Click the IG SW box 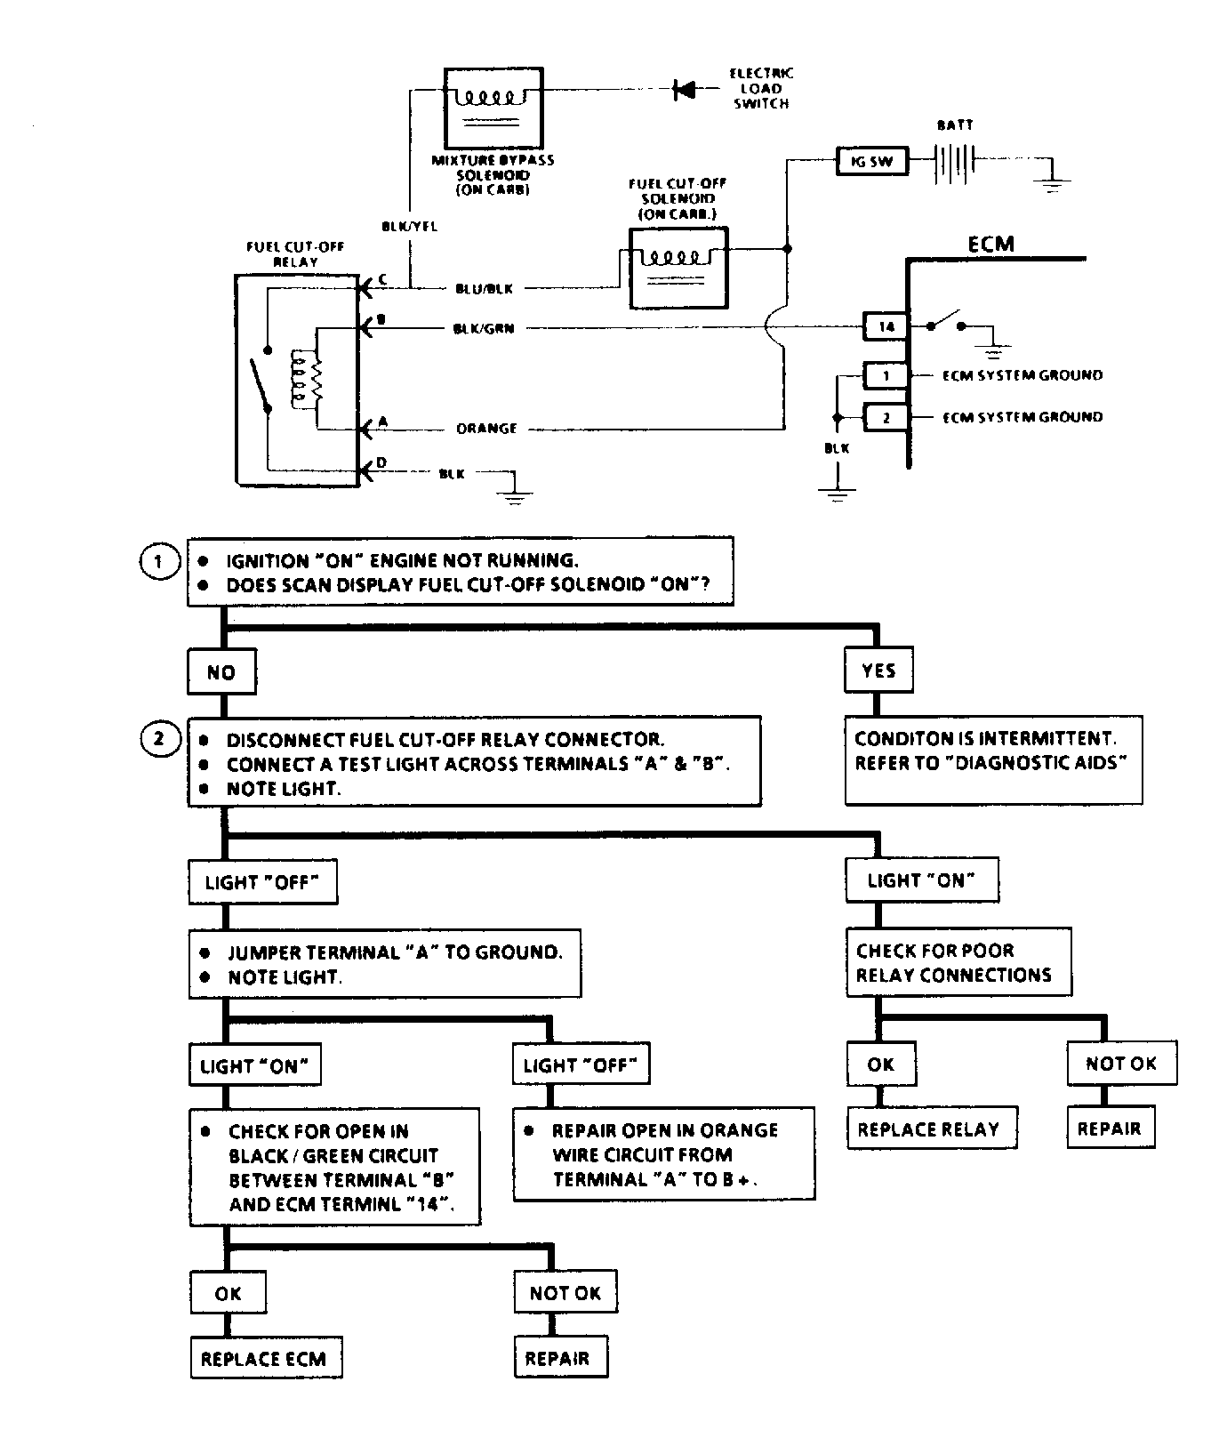coord(871,162)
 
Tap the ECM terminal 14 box coord(886,326)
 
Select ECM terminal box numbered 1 coord(886,375)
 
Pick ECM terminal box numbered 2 coord(886,417)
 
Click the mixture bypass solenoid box coord(493,108)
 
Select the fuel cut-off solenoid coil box coord(678,269)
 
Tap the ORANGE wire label coord(486,429)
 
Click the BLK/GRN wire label coord(484,329)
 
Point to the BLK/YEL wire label coord(409,227)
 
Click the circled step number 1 coord(159,561)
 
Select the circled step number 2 coord(159,740)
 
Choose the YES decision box coord(878,671)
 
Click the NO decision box coord(221,672)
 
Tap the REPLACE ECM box coord(265,1359)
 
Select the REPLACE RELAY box coord(930,1129)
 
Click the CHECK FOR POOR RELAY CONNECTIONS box coord(957,963)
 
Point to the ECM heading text coord(990,244)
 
